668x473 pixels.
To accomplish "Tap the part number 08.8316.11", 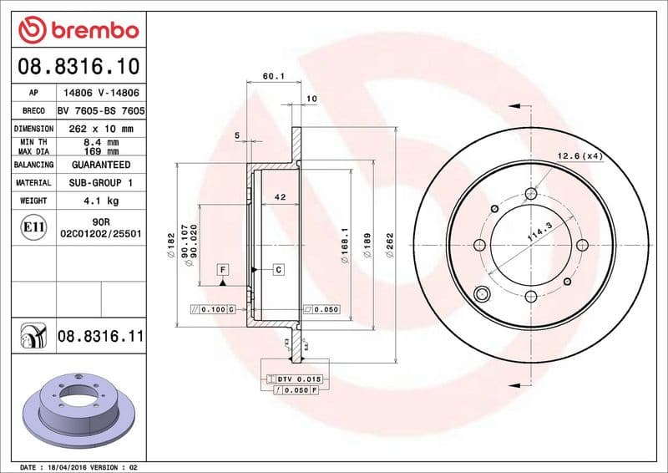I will point(101,338).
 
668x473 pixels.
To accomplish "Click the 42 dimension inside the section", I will point(281,198).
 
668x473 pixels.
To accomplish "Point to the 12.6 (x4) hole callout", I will point(579,155).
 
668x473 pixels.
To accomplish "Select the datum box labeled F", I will point(224,269).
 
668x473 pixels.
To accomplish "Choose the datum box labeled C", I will point(278,269).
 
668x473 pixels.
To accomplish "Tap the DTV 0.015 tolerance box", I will point(299,379).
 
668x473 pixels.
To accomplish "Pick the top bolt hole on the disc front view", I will point(530,194).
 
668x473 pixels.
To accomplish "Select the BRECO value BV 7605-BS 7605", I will point(101,110).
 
